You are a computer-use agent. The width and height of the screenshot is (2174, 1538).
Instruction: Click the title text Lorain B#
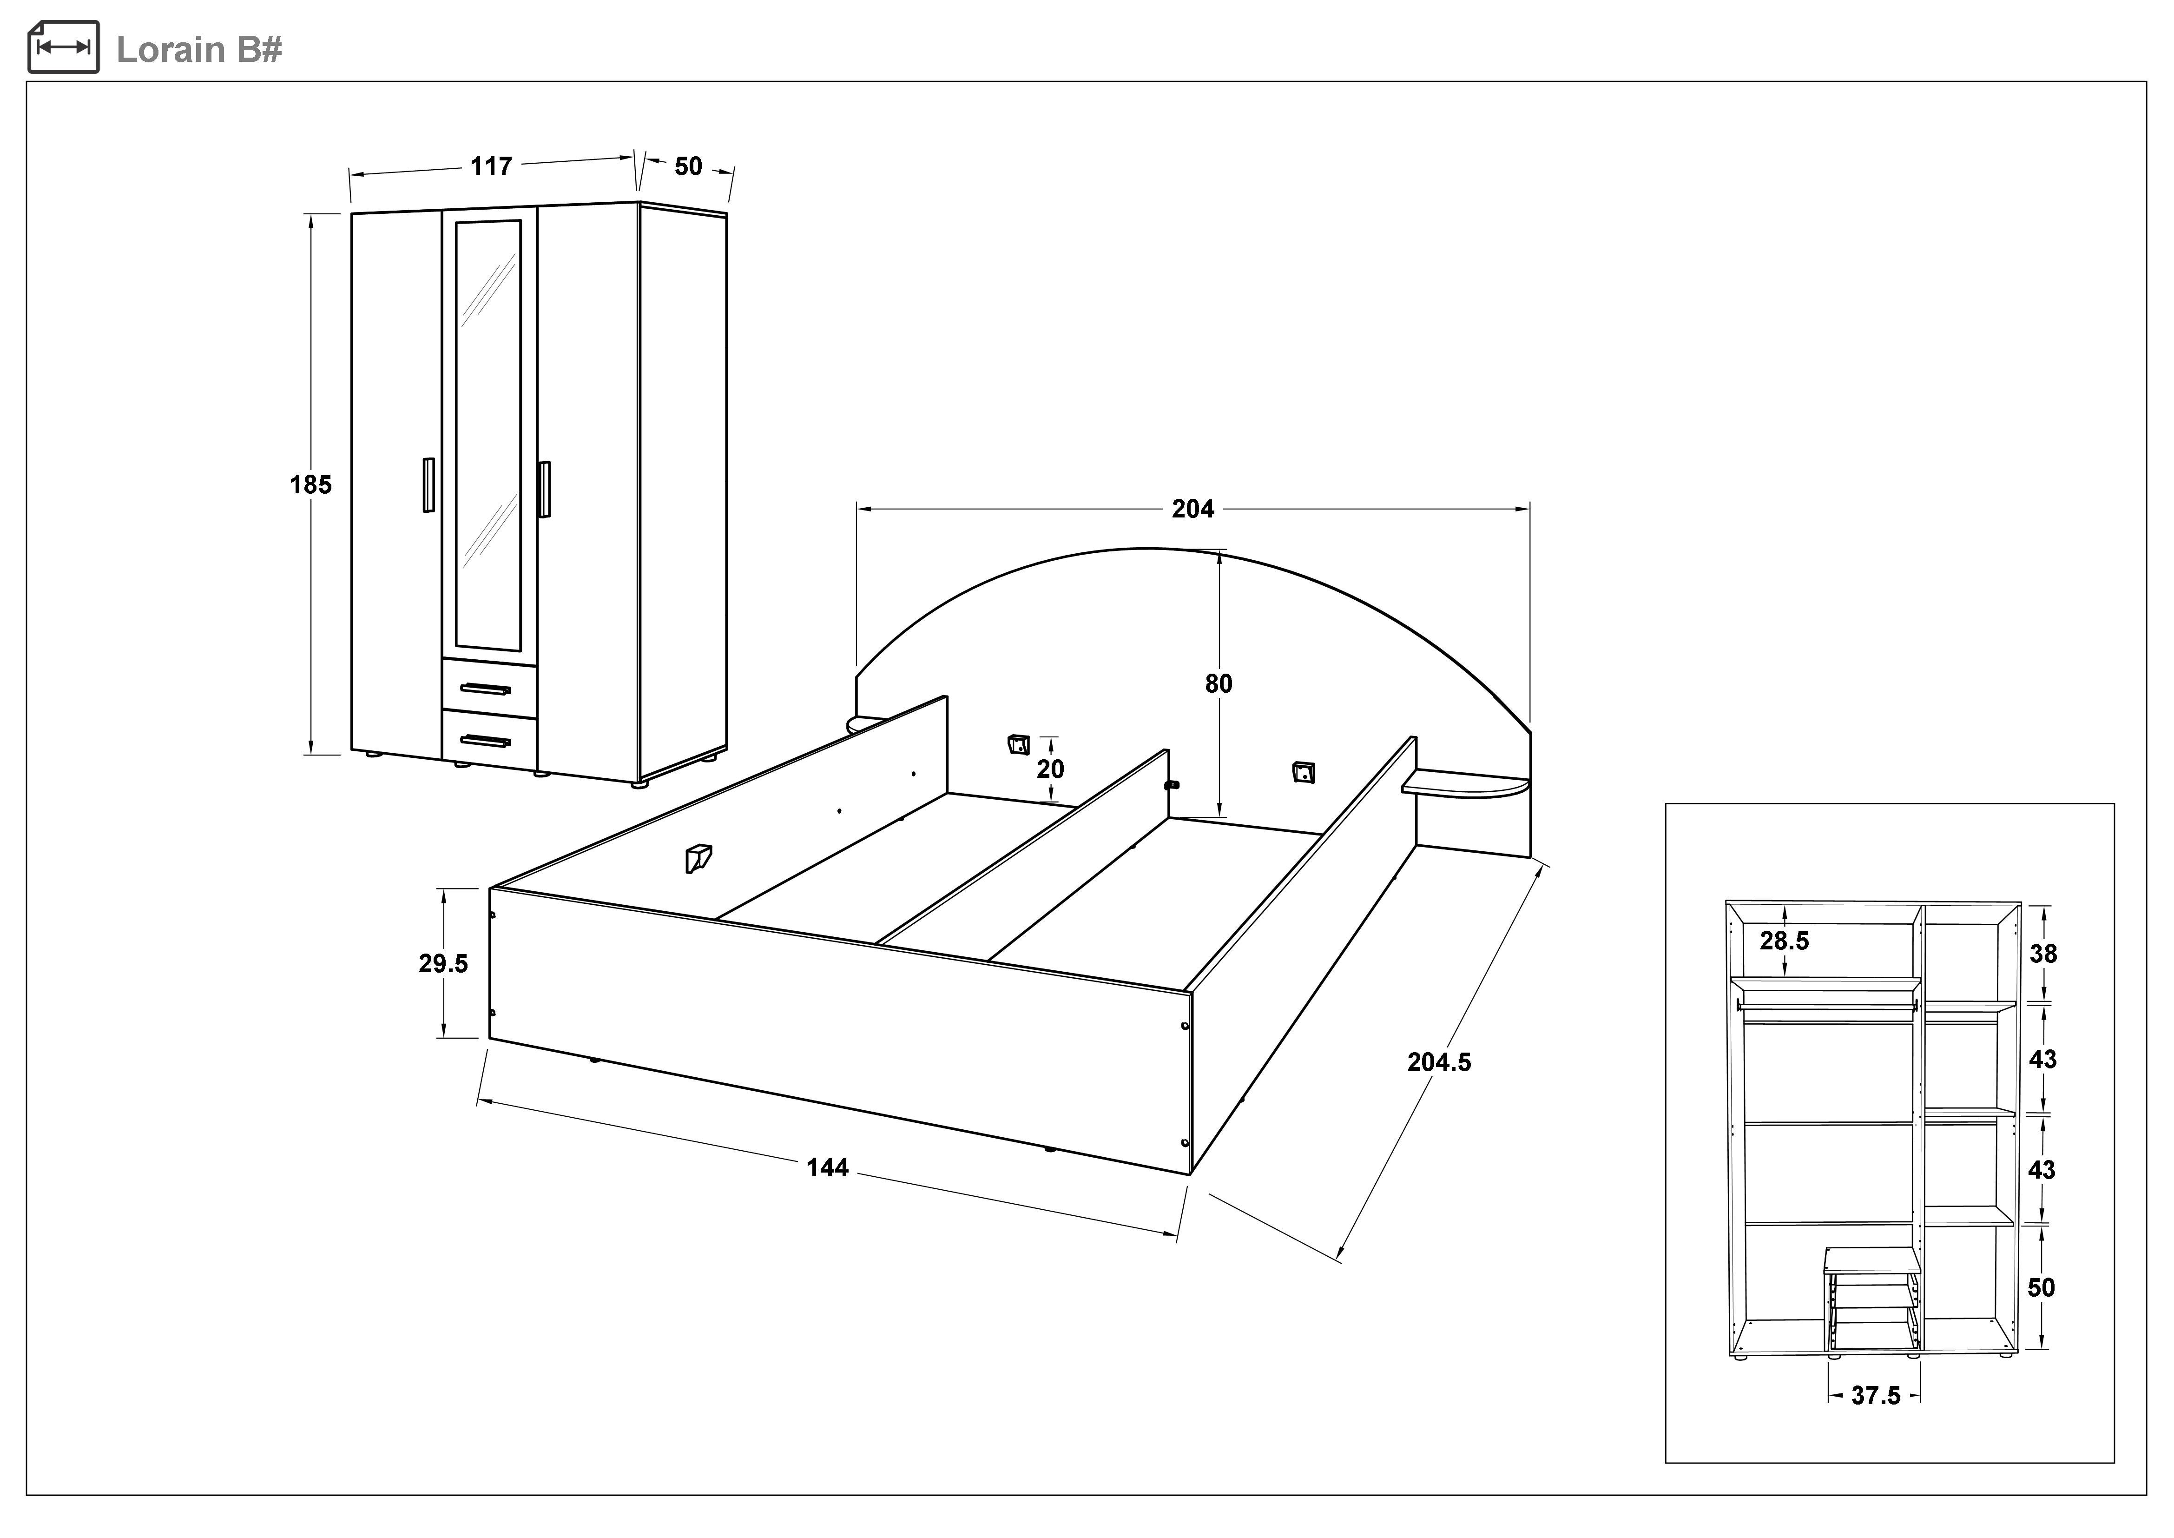coord(199,49)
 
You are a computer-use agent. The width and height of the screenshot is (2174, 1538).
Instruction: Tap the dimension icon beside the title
coord(64,47)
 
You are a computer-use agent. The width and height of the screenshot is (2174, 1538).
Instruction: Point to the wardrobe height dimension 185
coord(310,485)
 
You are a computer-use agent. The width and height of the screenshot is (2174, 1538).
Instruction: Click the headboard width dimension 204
coord(1192,510)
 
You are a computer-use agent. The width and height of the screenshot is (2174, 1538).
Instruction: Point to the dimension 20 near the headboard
coord(1050,769)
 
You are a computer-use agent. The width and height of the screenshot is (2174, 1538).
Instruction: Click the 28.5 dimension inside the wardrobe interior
coord(1784,941)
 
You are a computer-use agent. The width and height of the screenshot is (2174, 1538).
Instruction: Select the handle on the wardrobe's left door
coord(428,485)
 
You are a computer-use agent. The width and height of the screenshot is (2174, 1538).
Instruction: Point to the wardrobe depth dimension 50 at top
coord(688,167)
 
